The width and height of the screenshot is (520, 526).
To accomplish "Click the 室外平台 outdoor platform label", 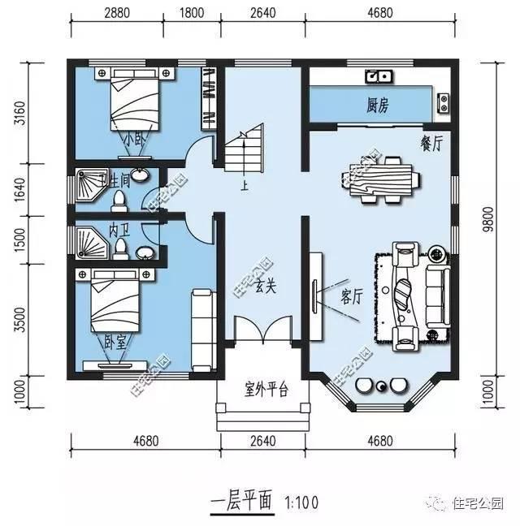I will click(266, 390).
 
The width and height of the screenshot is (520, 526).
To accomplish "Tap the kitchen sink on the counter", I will click(379, 77).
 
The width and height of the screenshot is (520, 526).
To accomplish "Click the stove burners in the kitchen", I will click(444, 101).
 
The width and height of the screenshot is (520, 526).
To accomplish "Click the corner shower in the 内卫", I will click(89, 241).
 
